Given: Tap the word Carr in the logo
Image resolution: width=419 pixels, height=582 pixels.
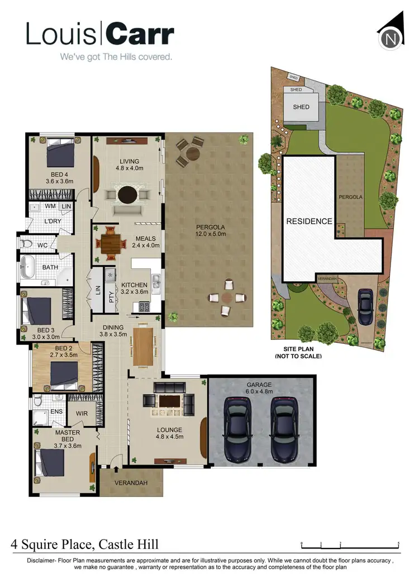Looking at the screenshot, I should coord(139,35).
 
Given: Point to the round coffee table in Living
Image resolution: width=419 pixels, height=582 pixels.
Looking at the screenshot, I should coord(127,194).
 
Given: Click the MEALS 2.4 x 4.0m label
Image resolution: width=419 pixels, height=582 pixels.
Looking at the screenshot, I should coord(144,243).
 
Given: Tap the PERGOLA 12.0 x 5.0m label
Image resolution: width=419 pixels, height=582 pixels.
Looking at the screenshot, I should coord(209,230).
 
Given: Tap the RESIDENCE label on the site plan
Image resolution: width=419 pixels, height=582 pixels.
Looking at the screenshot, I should coord(309,221).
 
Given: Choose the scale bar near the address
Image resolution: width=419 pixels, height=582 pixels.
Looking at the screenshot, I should coord(350,544).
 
